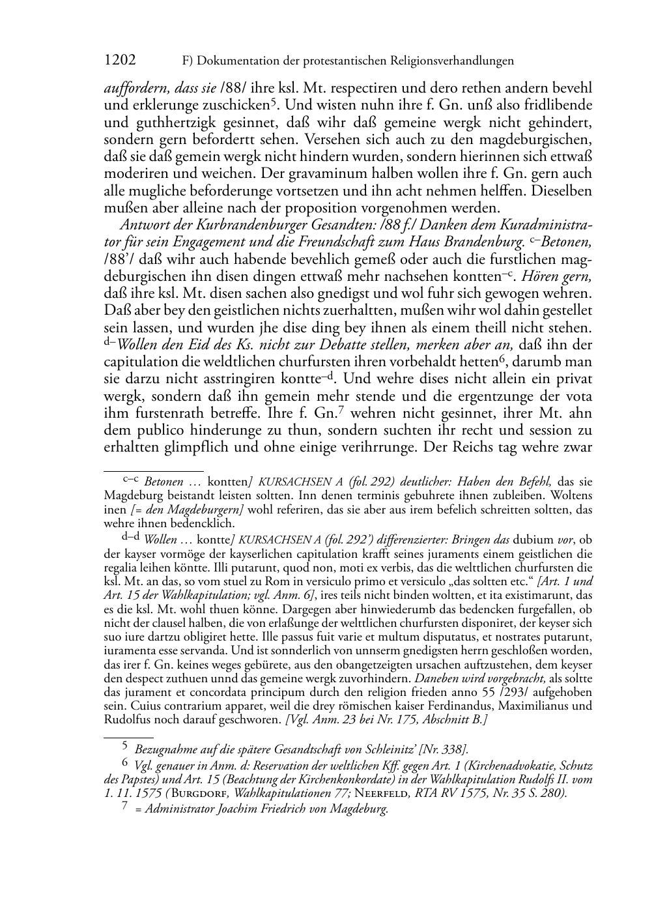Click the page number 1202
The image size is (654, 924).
[120, 61]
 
